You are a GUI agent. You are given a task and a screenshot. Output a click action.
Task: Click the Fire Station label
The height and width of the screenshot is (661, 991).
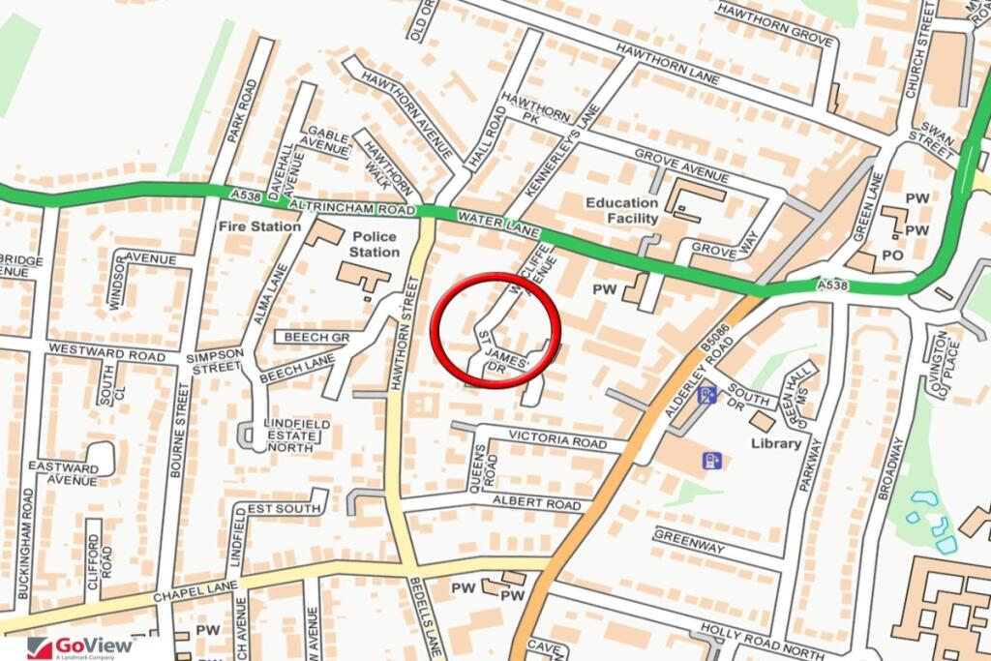click(x=259, y=226)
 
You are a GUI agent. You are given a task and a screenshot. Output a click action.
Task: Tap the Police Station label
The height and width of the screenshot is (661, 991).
click(x=375, y=244)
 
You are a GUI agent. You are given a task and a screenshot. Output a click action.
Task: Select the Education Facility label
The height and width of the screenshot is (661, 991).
click(x=621, y=210)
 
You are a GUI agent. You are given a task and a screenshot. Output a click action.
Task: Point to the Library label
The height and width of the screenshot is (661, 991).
click(x=776, y=443)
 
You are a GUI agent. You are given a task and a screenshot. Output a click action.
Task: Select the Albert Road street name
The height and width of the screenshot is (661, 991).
click(x=537, y=501)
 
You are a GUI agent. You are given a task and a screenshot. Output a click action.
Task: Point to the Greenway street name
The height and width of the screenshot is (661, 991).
click(x=689, y=541)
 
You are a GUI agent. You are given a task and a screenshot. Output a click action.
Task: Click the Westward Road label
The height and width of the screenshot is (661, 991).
click(x=106, y=354)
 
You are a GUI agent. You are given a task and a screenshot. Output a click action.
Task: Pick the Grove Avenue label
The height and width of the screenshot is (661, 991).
click(x=680, y=165)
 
